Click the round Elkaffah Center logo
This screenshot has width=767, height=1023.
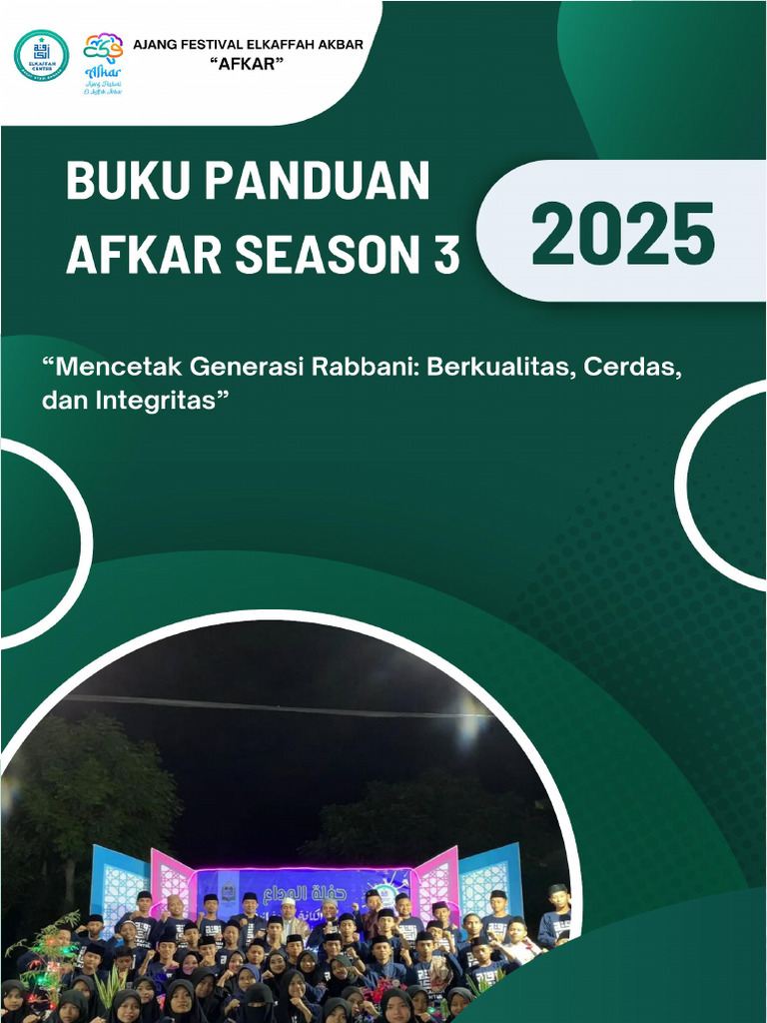point(42,55)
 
